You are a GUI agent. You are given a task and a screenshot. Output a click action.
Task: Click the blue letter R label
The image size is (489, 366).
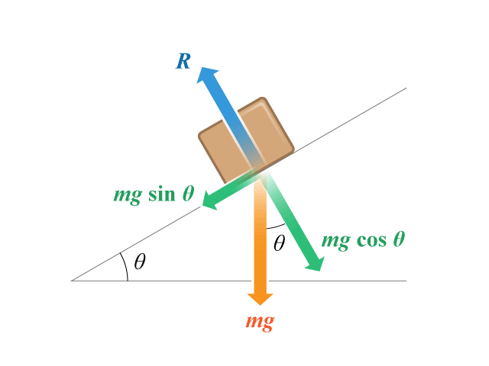coord(183,61)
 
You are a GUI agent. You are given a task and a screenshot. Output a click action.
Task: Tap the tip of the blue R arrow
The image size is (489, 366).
coord(202,67)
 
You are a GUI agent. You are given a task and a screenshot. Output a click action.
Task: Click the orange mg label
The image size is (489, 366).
coord(260,322)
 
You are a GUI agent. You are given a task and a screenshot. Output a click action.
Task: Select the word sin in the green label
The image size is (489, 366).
coord(161,194)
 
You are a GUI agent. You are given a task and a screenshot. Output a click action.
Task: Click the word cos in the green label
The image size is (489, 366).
coord(371,240)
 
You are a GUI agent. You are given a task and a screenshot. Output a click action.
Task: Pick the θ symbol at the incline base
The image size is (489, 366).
coord(140,262)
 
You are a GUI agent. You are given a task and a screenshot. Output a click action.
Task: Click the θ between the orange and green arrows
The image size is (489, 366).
coord(279,243)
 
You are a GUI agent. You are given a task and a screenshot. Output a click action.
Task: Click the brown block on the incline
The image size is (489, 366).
coord(246,140)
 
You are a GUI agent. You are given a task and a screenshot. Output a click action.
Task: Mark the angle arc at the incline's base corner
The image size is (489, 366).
coord(125,266)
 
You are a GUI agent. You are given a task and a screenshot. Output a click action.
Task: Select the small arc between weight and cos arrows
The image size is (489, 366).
coord(276,227)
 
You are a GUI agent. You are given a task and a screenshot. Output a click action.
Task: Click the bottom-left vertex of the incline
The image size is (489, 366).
coord(71,281)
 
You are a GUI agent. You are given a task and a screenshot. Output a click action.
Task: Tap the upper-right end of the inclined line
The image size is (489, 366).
coord(406,88)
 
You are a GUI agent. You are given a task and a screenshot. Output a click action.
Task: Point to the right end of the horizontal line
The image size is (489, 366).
coord(406,281)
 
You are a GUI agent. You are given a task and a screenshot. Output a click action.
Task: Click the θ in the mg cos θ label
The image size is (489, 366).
coord(399,239)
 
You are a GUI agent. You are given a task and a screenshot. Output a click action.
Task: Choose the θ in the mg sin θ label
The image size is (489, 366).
coord(189,193)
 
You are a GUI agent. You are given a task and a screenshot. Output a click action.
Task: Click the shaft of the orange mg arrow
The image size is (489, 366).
coord(261,236)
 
